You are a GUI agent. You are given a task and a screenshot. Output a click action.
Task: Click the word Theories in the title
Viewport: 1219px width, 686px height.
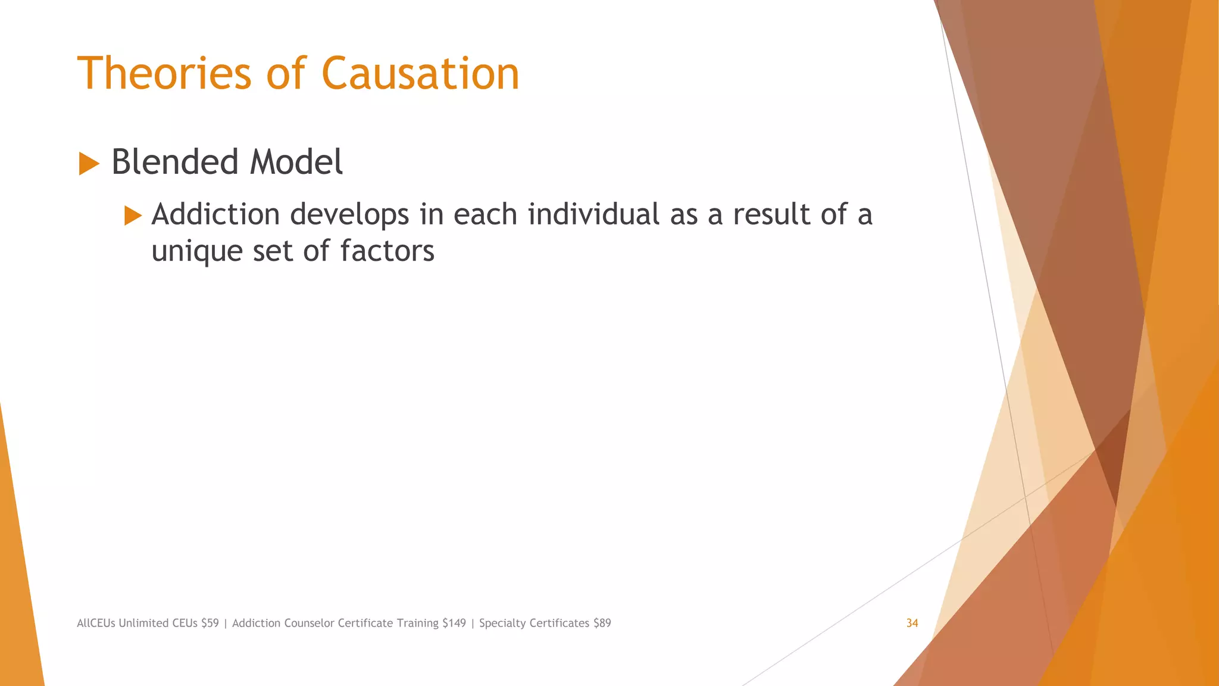[164, 74]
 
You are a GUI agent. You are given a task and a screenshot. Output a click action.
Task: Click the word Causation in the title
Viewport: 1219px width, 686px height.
[420, 74]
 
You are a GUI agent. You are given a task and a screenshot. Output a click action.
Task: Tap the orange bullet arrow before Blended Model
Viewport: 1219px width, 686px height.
[89, 163]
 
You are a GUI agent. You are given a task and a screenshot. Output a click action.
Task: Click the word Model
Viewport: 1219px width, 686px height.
[296, 162]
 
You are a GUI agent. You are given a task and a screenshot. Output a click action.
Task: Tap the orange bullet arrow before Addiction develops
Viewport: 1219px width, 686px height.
[133, 216]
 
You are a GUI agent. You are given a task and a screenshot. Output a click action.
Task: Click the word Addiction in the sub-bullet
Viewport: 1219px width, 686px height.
[215, 214]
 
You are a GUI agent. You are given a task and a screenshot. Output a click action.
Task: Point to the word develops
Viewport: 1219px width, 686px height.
[349, 216]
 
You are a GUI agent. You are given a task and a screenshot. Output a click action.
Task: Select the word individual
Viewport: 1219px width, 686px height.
[593, 214]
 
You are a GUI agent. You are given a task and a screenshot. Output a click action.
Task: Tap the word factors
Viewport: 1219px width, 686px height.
[387, 251]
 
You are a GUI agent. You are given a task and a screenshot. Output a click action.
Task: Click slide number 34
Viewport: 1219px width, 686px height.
[912, 623]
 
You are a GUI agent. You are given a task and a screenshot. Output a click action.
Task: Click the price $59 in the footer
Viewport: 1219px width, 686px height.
[210, 623]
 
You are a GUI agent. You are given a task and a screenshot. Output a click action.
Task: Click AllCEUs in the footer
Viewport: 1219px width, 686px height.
[96, 623]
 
